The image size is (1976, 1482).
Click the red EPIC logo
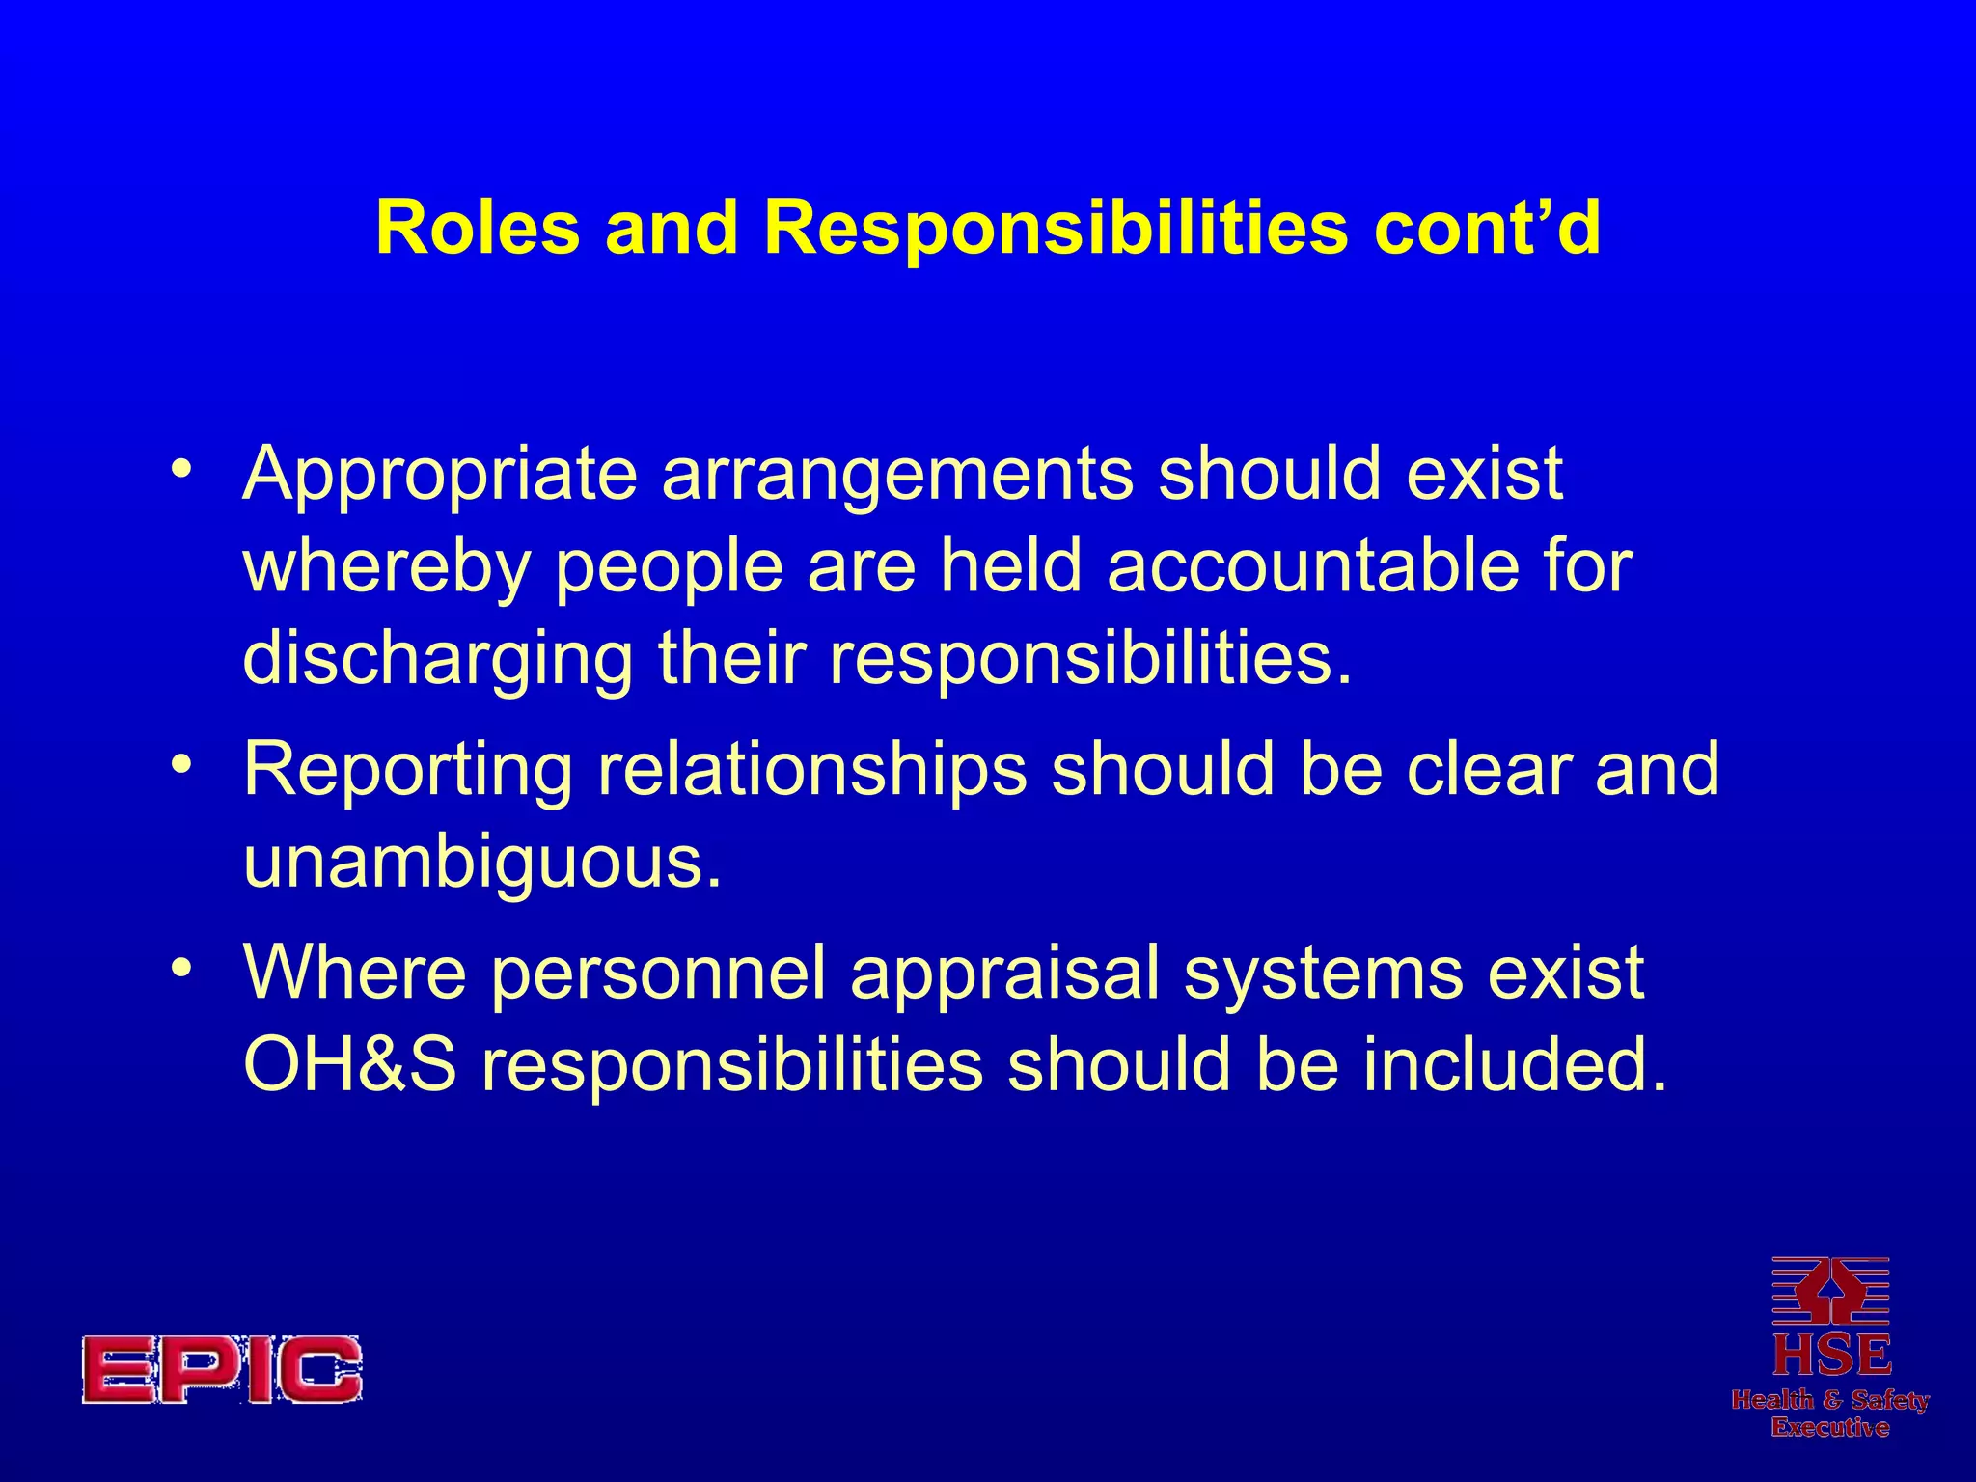point(222,1369)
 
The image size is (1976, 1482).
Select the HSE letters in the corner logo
point(1830,1355)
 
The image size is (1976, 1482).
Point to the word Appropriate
point(440,476)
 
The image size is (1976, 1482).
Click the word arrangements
point(897,476)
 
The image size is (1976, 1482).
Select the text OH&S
point(349,1065)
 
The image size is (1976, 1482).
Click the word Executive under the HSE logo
point(1830,1428)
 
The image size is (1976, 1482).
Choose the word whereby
point(386,566)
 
